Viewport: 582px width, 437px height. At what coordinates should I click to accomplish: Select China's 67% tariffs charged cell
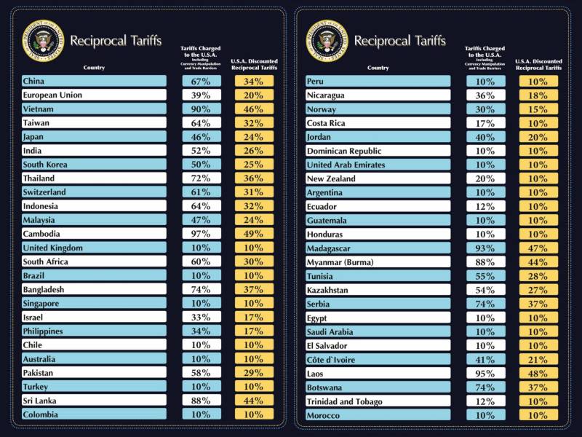(201, 82)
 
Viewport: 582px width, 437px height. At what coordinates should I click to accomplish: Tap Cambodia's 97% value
(201, 235)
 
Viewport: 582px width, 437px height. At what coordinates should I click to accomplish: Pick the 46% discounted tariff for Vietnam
(254, 109)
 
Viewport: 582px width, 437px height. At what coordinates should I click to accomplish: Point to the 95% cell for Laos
(485, 374)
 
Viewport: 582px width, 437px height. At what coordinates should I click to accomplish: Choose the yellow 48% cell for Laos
(538, 374)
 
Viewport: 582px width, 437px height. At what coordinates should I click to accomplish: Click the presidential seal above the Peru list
(327, 39)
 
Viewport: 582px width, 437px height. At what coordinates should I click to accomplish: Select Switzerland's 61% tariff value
(201, 192)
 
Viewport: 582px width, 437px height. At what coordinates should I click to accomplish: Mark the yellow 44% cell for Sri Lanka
(254, 401)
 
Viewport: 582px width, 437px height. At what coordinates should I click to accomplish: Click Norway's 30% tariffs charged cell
(485, 109)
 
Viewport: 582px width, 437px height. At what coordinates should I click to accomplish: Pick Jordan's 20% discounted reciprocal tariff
(538, 137)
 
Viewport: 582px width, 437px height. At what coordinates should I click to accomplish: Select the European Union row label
(52, 95)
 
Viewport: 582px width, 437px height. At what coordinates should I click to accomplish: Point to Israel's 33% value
(201, 318)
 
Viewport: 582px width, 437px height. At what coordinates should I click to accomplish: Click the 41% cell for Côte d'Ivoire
(485, 360)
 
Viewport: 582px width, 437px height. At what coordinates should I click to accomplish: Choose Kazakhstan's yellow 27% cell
(538, 290)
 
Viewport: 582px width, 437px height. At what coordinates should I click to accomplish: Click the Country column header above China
(94, 68)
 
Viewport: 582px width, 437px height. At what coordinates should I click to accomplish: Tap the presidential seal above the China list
(44, 39)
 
